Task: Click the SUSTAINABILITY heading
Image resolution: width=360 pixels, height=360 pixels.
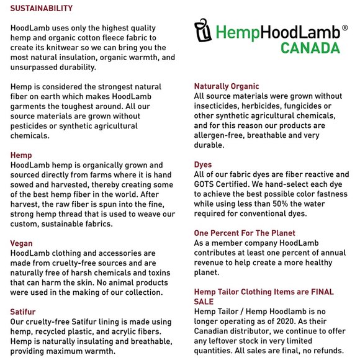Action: [42, 8]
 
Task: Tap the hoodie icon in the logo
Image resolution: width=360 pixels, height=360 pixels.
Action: [203, 30]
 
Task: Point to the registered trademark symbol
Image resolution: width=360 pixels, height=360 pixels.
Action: [344, 28]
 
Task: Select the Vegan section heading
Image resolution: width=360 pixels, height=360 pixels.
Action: [22, 243]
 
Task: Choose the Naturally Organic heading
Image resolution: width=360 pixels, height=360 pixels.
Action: [227, 86]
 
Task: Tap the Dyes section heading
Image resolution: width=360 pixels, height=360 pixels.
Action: [203, 164]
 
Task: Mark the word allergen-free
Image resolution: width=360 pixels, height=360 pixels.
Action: [221, 135]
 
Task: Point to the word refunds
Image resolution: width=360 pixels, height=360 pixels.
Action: [327, 350]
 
